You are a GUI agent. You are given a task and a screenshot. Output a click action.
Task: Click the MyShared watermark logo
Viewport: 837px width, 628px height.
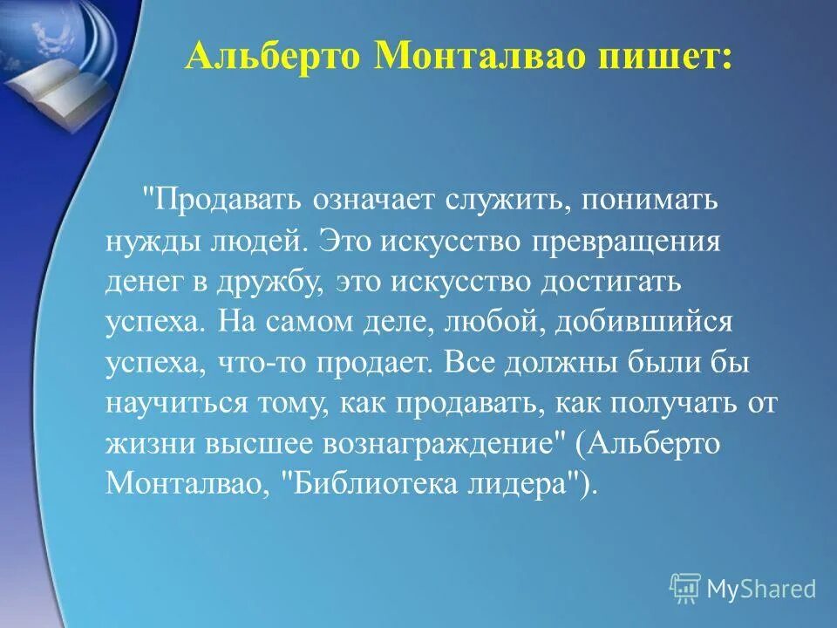(743, 589)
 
